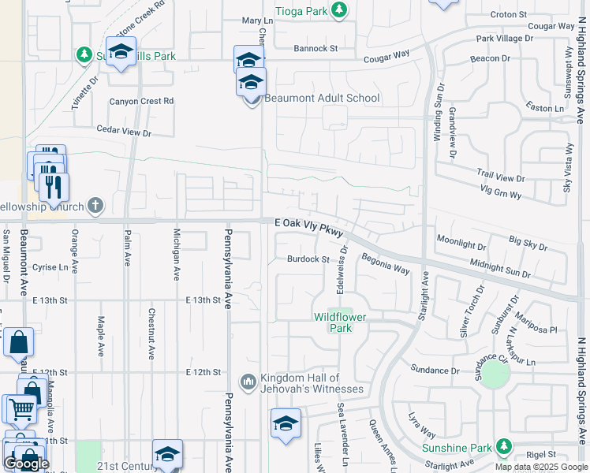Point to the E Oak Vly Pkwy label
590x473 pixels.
pos(309,226)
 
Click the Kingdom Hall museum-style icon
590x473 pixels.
pos(248,382)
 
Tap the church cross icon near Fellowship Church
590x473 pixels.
pos(95,207)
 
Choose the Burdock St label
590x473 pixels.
pos(308,259)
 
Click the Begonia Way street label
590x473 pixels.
pos(385,263)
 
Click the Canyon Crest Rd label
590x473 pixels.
pos(141,101)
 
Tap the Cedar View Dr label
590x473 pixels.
pos(123,131)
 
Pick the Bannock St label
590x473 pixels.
pos(316,49)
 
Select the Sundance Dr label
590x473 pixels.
pos(435,370)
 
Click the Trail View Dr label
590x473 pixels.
pos(500,178)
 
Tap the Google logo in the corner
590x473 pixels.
pos(25,464)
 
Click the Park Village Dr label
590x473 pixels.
pos(505,39)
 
